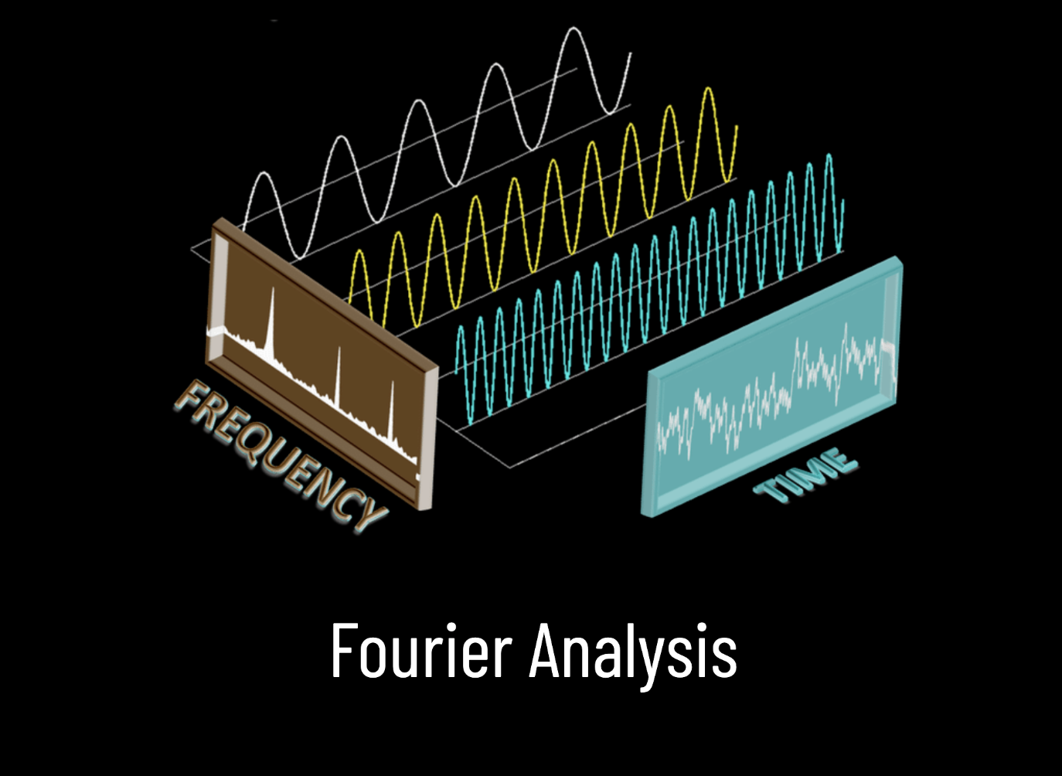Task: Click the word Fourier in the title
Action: [x=421, y=651]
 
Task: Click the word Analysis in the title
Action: [x=632, y=651]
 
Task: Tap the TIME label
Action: [x=806, y=474]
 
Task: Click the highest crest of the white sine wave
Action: [x=574, y=29]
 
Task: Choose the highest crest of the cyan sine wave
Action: [x=829, y=155]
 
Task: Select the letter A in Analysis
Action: [x=545, y=651]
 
